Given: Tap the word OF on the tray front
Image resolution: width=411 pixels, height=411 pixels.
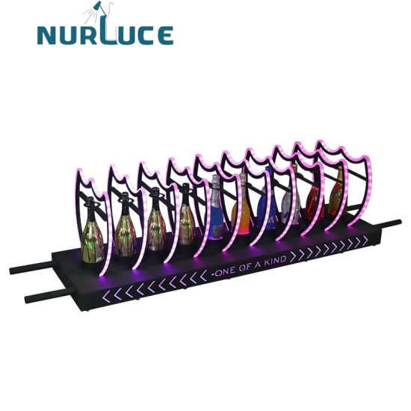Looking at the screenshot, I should point(246,265).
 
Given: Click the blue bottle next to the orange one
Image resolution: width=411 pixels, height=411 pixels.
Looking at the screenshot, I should point(267,205).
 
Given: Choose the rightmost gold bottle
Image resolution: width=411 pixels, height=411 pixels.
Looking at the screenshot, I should point(338,190).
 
